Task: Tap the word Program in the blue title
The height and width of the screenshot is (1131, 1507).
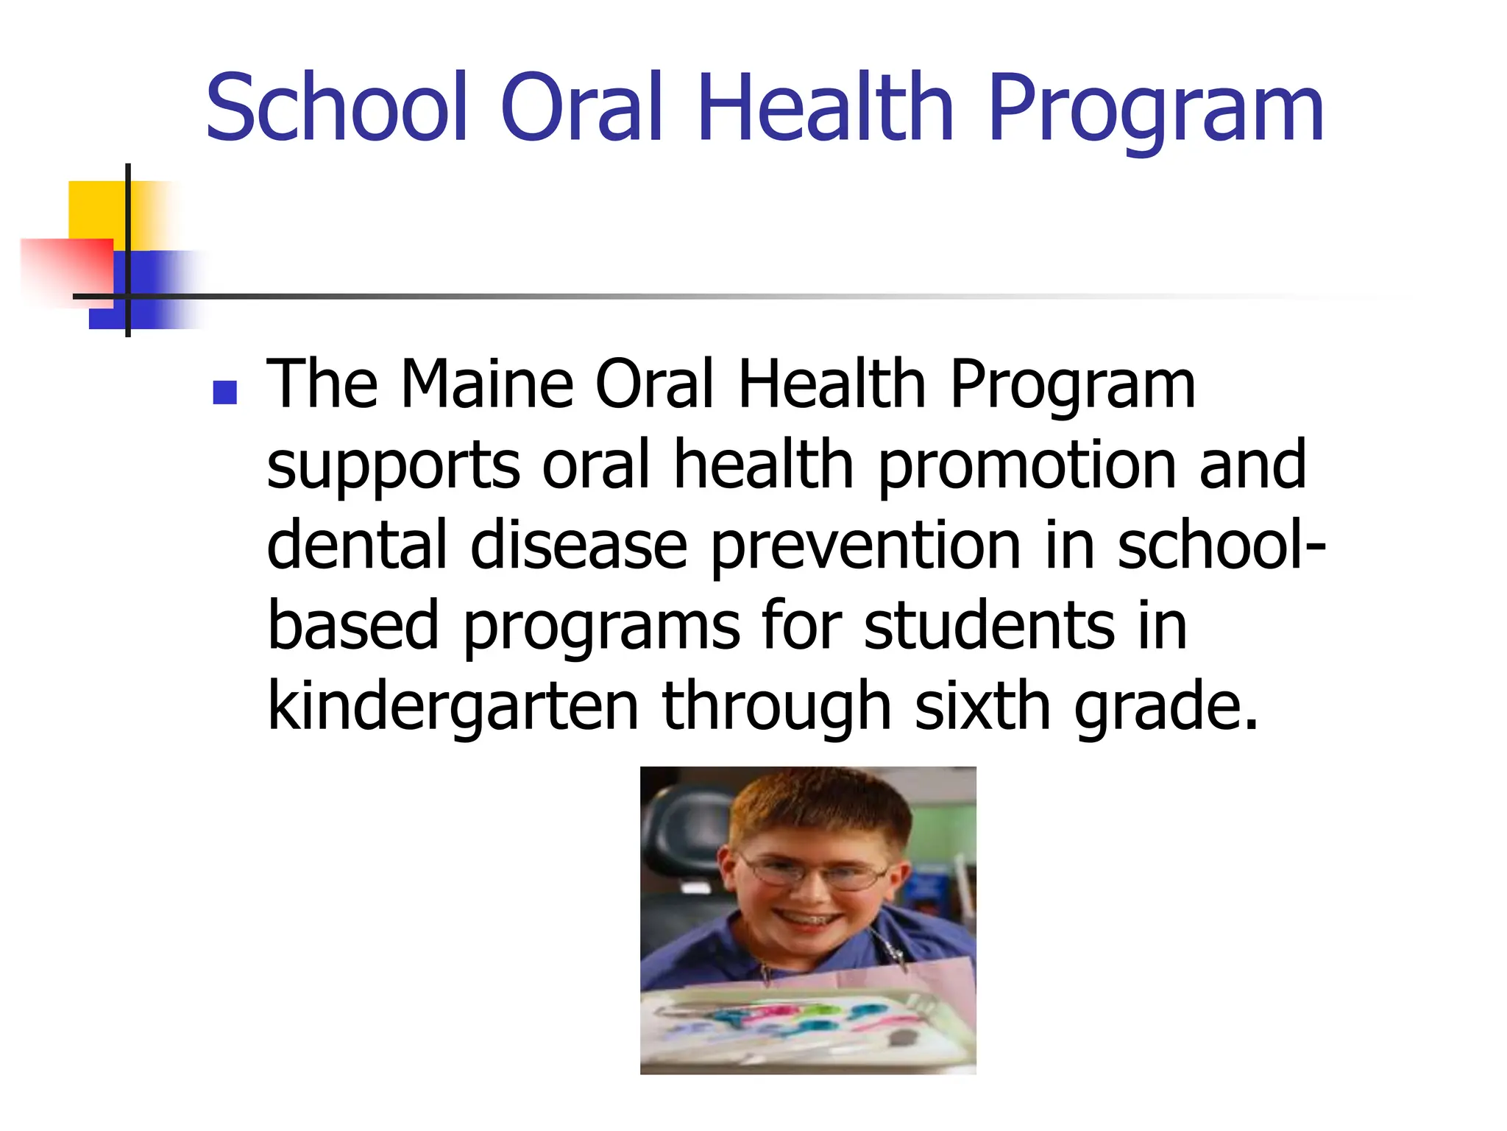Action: (x=1156, y=110)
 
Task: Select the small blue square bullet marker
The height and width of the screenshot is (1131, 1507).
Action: (x=224, y=392)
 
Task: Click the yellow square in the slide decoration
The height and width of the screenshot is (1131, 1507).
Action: (x=96, y=209)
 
